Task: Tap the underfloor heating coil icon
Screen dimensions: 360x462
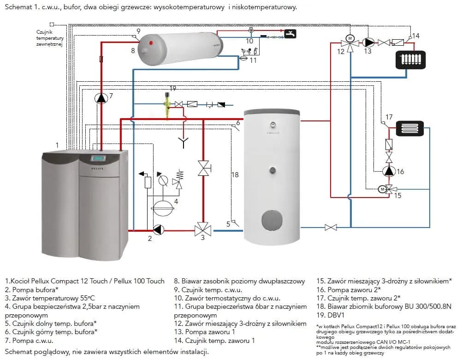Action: (x=409, y=128)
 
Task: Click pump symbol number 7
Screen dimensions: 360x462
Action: (x=101, y=98)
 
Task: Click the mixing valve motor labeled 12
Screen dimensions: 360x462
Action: (x=350, y=38)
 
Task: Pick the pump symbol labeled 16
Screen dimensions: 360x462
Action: (x=389, y=171)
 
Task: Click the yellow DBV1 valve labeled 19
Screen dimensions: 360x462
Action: (x=167, y=103)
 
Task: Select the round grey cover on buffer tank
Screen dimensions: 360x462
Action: (x=272, y=220)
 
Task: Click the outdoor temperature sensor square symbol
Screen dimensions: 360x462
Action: (x=52, y=24)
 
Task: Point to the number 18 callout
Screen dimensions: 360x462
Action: (x=235, y=175)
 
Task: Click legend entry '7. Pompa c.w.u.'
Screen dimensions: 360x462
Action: (x=29, y=341)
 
